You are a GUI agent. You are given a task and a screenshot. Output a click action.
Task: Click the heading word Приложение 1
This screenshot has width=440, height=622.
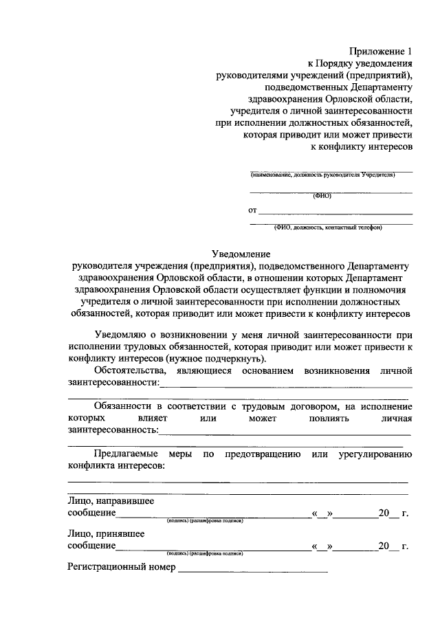tap(382, 52)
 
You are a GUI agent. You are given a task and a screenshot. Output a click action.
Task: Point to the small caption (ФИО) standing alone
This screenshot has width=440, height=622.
tap(322, 196)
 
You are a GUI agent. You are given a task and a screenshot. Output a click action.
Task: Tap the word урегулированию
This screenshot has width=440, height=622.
tap(375, 454)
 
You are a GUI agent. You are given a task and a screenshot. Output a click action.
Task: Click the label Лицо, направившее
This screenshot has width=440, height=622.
tap(110, 501)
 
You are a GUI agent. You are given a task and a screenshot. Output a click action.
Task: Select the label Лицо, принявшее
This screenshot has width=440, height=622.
tap(105, 533)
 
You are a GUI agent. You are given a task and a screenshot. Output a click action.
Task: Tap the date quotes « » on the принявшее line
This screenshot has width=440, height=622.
tap(322, 546)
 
